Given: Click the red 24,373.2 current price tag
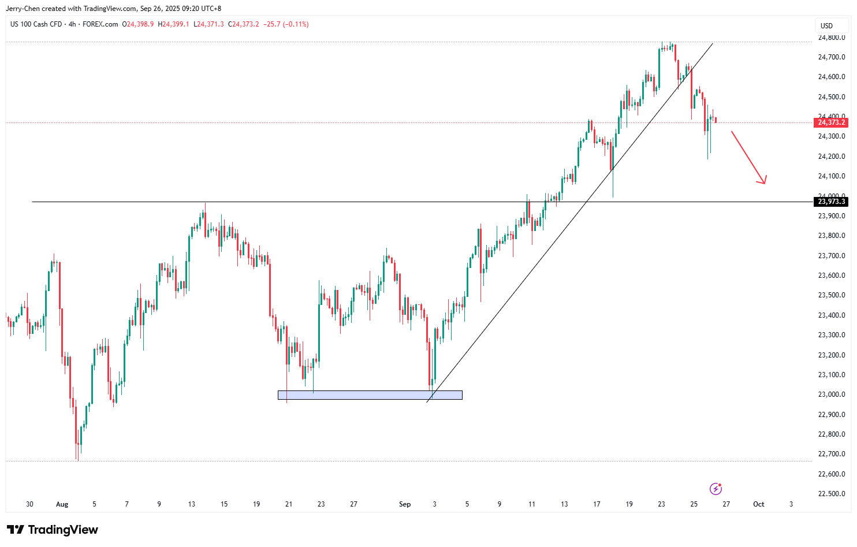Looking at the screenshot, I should pyautogui.click(x=831, y=122).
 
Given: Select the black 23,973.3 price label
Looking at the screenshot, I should pyautogui.click(x=831, y=202).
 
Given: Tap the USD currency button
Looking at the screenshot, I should pyautogui.click(x=826, y=25).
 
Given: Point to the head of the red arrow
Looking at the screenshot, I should pyautogui.click(x=764, y=183).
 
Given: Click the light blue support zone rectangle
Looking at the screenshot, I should pyautogui.click(x=370, y=395).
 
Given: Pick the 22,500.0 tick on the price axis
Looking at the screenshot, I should pyautogui.click(x=832, y=494).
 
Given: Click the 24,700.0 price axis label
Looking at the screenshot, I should pyautogui.click(x=832, y=57).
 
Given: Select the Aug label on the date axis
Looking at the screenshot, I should pyautogui.click(x=62, y=504).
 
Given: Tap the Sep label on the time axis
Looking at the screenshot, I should pyautogui.click(x=405, y=504).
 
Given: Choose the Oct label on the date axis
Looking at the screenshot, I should pyautogui.click(x=758, y=504).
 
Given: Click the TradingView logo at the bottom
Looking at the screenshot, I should pyautogui.click(x=53, y=530).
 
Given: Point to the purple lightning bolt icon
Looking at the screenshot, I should pyautogui.click(x=716, y=489).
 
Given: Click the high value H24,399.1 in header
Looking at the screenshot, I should pyautogui.click(x=176, y=24).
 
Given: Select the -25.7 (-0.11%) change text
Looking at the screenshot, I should pyautogui.click(x=286, y=24).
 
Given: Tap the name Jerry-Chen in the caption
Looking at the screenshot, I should pyautogui.click(x=22, y=9).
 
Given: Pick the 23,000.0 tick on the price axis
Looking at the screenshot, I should pyautogui.click(x=832, y=395).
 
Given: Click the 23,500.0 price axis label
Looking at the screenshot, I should pyautogui.click(x=832, y=295).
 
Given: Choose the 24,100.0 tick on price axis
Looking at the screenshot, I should pyautogui.click(x=832, y=176).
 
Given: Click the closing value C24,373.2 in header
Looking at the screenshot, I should pyautogui.click(x=243, y=24).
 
